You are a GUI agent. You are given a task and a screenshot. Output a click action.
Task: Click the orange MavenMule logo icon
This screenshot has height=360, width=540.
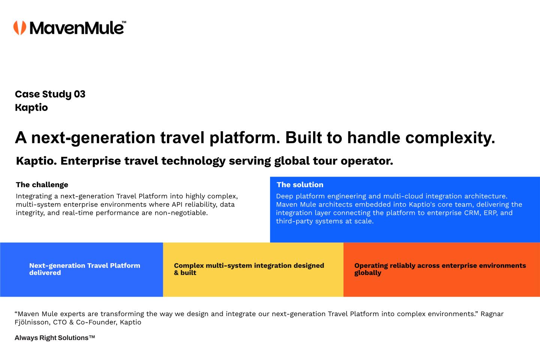pos(20,28)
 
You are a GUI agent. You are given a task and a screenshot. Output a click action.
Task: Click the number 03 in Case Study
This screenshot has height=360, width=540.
pos(79,94)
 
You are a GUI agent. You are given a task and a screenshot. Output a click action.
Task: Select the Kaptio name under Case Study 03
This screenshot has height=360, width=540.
pos(31,108)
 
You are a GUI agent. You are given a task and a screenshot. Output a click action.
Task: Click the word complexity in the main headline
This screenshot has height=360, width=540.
pos(450,138)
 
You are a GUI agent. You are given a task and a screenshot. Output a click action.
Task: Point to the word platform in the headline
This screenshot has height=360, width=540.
pos(244,138)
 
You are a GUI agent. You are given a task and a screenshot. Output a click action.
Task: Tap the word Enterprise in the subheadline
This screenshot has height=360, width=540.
pos(91,161)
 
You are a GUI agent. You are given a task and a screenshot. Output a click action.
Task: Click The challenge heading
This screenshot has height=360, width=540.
pos(42,185)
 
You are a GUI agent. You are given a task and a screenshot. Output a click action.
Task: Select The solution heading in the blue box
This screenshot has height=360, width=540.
pos(300,185)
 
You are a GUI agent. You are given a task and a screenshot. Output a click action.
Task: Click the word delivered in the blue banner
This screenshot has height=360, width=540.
pos(45,273)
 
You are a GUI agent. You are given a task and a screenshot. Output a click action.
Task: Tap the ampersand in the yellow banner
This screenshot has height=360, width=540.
pos(176,273)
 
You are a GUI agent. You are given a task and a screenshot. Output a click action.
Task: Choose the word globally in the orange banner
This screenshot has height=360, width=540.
pos(367,273)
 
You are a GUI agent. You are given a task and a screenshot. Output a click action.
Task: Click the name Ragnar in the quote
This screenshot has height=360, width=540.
pos(492,314)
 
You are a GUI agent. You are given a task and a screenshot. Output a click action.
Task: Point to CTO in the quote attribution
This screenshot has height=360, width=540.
pos(60,322)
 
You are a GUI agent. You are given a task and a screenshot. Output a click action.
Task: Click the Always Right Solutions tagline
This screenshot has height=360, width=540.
pos(55,338)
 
